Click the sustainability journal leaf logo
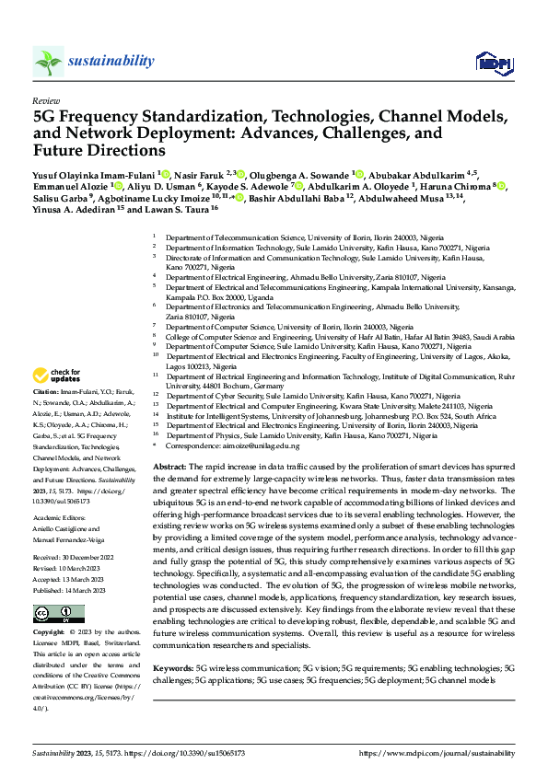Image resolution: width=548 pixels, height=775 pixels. click(x=47, y=62)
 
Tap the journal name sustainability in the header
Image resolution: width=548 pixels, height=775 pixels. click(x=111, y=61)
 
